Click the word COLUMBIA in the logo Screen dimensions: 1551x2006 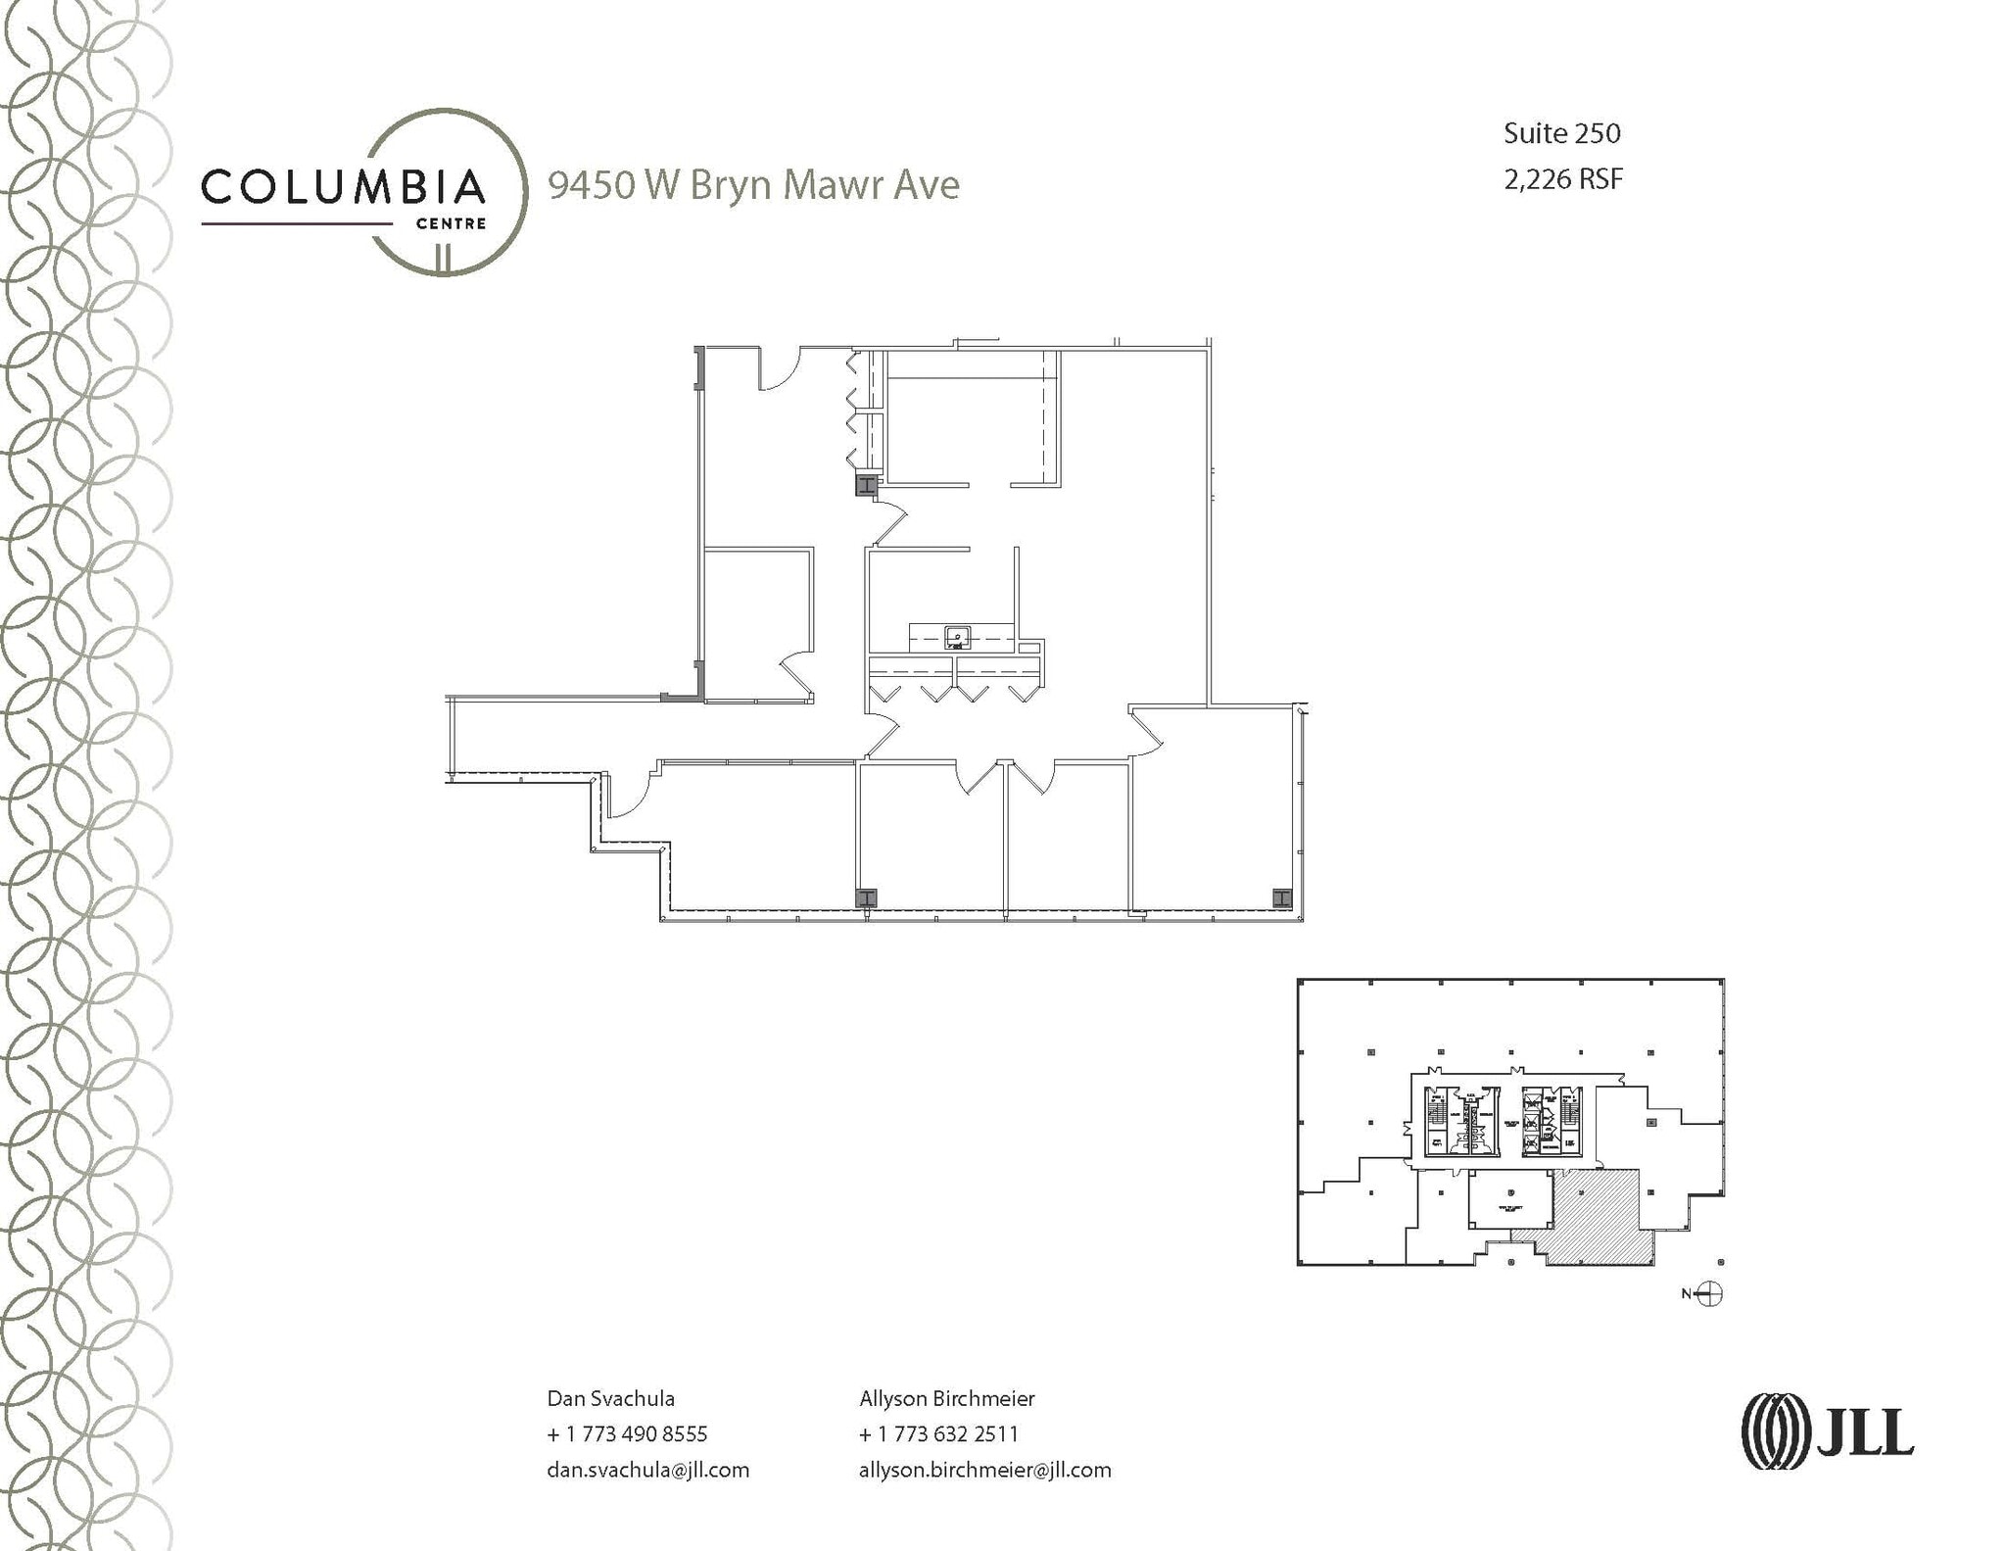click(x=343, y=186)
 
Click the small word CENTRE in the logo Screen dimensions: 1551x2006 click(x=451, y=223)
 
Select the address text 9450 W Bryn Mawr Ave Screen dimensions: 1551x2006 click(x=753, y=184)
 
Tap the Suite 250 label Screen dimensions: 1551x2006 click(x=1561, y=133)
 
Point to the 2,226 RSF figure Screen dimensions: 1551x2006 click(x=1563, y=179)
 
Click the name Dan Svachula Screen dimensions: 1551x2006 click(x=610, y=1398)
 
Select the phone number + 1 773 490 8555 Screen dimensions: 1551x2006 click(x=627, y=1433)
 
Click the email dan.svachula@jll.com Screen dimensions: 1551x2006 click(x=647, y=1470)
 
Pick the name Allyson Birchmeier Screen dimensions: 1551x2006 click(x=946, y=1398)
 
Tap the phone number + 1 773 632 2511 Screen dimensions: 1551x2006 click(x=938, y=1433)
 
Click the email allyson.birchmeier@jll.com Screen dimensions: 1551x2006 click(x=984, y=1470)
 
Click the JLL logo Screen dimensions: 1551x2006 click(x=1827, y=1431)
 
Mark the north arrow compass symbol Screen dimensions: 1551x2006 click(x=1710, y=1293)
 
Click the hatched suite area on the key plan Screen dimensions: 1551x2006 click(x=1597, y=1215)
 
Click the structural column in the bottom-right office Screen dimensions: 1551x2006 click(x=1281, y=897)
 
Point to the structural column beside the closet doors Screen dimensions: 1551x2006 click(x=866, y=485)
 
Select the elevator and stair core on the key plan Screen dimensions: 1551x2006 click(x=1504, y=1121)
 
